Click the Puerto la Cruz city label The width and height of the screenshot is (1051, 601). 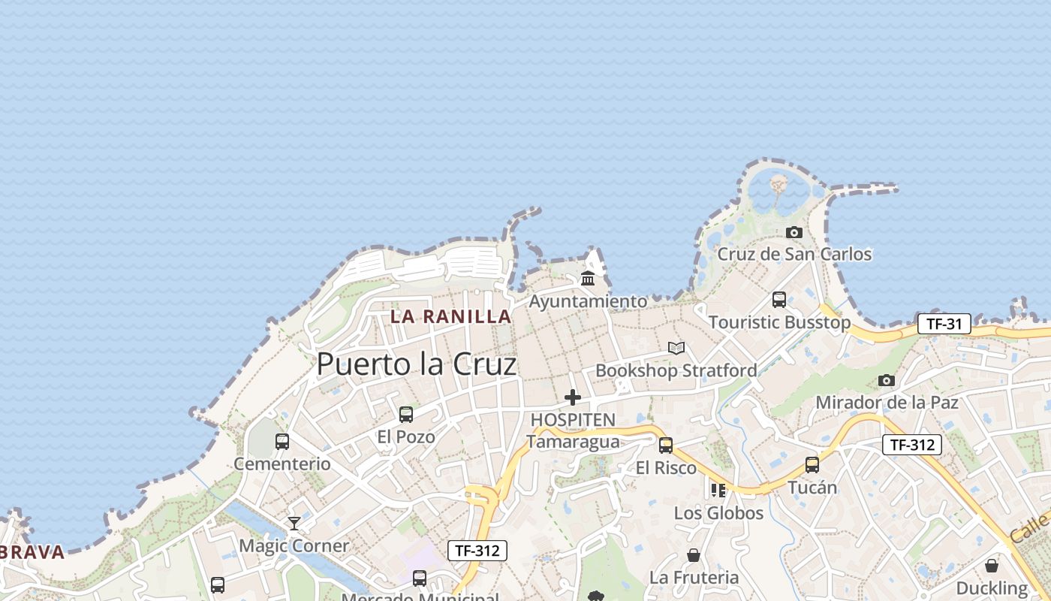(x=417, y=364)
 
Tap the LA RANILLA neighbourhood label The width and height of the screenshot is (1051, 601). (x=450, y=316)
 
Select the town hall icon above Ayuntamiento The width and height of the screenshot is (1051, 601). (x=588, y=279)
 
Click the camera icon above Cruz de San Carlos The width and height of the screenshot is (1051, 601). (x=794, y=233)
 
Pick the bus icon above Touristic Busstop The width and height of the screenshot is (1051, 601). (x=779, y=300)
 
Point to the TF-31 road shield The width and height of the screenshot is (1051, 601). (x=944, y=324)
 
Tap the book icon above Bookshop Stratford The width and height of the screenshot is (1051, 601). (x=676, y=348)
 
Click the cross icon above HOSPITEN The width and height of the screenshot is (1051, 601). (x=573, y=397)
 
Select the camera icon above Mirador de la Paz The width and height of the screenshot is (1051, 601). (x=887, y=380)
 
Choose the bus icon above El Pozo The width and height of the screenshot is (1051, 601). (x=406, y=414)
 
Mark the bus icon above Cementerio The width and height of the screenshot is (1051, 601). (x=282, y=442)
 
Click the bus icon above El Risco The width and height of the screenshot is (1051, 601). (x=666, y=445)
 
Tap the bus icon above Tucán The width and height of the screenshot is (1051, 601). (x=812, y=465)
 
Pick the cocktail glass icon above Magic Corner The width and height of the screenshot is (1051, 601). (x=294, y=524)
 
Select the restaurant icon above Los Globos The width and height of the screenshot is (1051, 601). (x=718, y=491)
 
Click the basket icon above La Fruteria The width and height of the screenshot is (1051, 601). (x=694, y=555)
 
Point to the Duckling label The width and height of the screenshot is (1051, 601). (x=992, y=587)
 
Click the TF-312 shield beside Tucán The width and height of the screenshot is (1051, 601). (x=911, y=445)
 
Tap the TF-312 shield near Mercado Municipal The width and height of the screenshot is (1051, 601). (x=477, y=551)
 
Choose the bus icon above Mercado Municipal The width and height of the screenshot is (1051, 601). (x=420, y=578)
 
